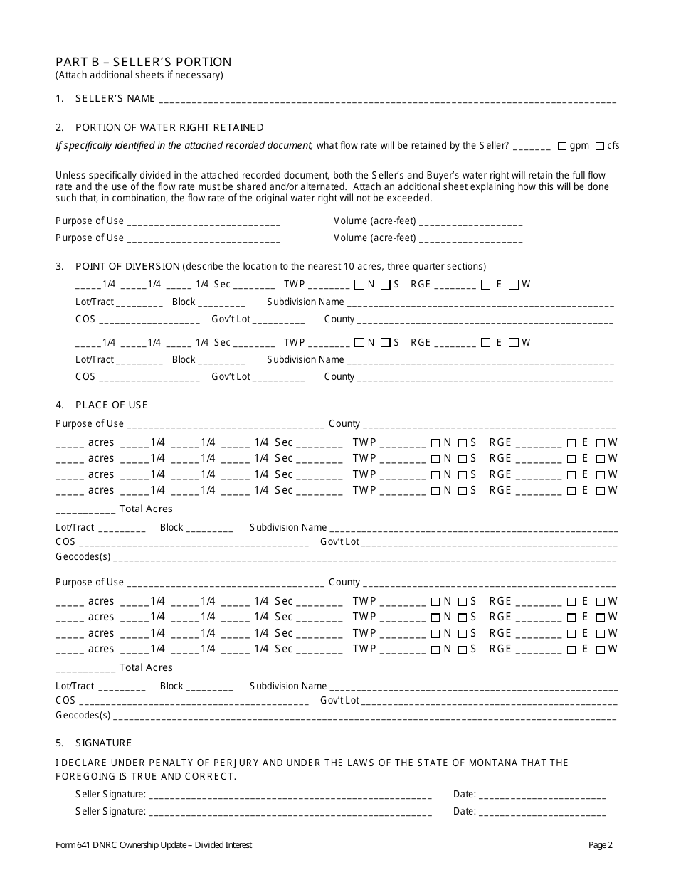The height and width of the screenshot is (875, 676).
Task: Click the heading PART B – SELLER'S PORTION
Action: [x=143, y=62]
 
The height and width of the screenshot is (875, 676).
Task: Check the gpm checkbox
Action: [x=562, y=146]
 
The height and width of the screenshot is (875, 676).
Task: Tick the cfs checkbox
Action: [x=600, y=146]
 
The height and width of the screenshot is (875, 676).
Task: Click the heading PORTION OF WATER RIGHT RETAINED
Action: [x=169, y=127]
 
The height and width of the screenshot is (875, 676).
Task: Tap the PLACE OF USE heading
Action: [x=111, y=405]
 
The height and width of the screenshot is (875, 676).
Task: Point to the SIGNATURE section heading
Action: [x=103, y=743]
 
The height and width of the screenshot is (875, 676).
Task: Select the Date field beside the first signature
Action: [x=543, y=795]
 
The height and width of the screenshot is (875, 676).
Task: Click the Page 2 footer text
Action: [x=600, y=845]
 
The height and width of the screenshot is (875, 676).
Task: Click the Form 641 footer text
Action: [x=154, y=845]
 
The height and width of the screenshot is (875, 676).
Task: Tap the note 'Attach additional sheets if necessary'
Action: [x=139, y=75]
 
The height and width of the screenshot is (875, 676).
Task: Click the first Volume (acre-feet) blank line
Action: [x=471, y=222]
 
